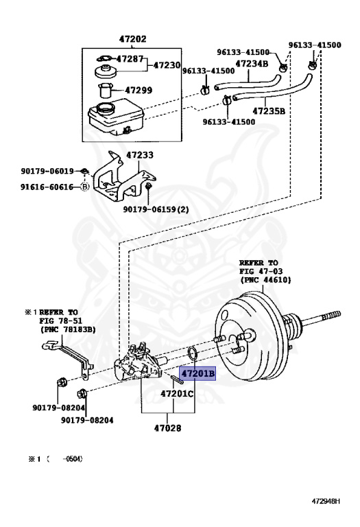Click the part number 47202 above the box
[x=132, y=39]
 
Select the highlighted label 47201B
[x=197, y=373]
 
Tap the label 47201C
[x=177, y=393]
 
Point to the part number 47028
[x=167, y=428]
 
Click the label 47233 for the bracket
[x=140, y=155]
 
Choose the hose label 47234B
[x=252, y=64]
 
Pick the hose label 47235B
[x=269, y=110]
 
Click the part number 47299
[x=139, y=90]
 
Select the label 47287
[x=130, y=59]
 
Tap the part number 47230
[x=167, y=65]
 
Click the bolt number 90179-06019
[x=47, y=171]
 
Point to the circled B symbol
[x=85, y=187]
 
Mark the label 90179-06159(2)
[x=156, y=209]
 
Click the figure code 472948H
[x=326, y=501]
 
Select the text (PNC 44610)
[x=265, y=280]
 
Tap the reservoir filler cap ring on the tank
[x=105, y=108]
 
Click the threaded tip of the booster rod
[x=331, y=315]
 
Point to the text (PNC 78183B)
[x=68, y=329]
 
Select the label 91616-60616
[x=47, y=187]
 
